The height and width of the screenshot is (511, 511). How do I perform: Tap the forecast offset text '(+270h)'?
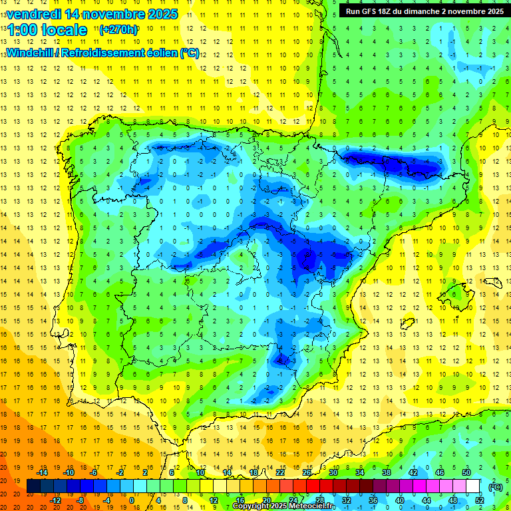[118, 29]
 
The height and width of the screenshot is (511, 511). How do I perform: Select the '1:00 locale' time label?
[47, 30]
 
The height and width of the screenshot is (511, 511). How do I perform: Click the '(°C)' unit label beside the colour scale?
[496, 486]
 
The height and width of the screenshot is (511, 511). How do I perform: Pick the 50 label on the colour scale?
[466, 472]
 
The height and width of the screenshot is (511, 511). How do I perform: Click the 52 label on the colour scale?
[480, 500]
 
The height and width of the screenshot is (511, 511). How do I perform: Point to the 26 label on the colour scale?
[307, 472]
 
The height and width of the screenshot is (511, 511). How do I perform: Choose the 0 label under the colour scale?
[133, 500]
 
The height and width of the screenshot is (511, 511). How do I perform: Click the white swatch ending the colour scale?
[473, 486]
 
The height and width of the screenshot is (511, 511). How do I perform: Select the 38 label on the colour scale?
[387, 472]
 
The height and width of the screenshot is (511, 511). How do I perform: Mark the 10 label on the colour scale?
[200, 472]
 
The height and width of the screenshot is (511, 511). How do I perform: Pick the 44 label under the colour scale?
[426, 500]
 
